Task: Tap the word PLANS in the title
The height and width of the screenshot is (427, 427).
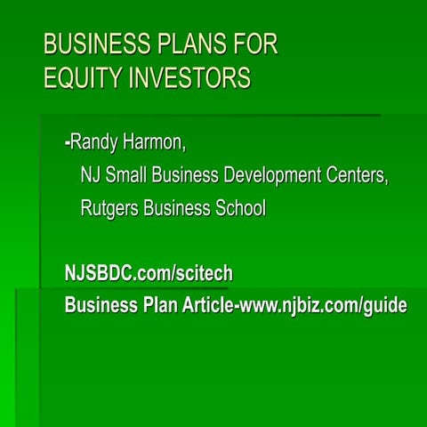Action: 185,44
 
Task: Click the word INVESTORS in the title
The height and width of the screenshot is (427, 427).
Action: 188,78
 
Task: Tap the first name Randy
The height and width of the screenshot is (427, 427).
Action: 97,141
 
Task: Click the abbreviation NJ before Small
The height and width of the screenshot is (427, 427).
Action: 91,174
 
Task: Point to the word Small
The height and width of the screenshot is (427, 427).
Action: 128,174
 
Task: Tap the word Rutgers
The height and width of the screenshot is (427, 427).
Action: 110,208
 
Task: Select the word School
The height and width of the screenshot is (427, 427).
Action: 238,208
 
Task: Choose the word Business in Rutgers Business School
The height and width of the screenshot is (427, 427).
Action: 177,208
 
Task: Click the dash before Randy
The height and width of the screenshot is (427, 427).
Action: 68,141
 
